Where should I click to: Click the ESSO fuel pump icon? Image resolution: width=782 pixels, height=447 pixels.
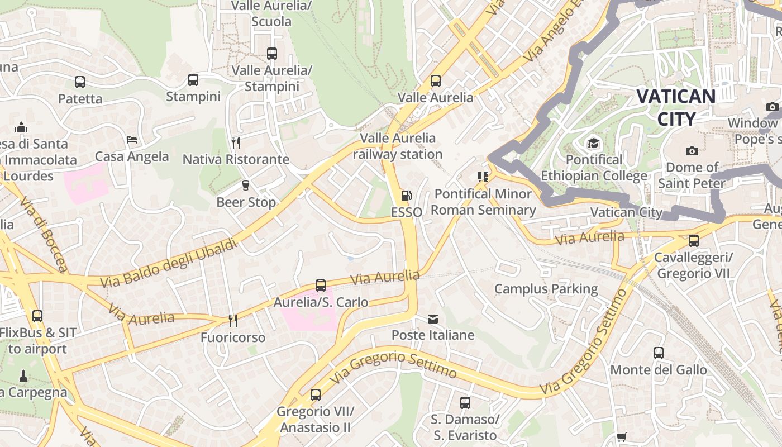pyautogui.click(x=407, y=196)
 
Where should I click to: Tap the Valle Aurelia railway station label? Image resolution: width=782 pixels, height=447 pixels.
pyautogui.click(x=398, y=146)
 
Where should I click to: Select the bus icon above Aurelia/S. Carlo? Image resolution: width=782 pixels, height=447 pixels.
pyautogui.click(x=321, y=286)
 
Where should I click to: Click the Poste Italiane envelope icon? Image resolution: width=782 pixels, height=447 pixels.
pyautogui.click(x=433, y=319)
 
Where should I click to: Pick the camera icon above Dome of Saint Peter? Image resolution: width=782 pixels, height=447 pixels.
pyautogui.click(x=692, y=151)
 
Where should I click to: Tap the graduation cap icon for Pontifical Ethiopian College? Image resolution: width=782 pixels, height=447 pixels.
pyautogui.click(x=593, y=144)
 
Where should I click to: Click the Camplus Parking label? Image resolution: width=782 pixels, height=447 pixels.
pyautogui.click(x=546, y=289)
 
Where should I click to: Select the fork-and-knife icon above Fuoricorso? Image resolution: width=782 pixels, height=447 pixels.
pyautogui.click(x=233, y=321)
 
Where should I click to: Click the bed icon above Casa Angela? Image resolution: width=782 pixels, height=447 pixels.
pyautogui.click(x=132, y=139)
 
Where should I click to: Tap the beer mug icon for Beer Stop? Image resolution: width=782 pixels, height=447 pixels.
pyautogui.click(x=245, y=186)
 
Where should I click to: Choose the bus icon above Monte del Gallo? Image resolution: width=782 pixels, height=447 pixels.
pyautogui.click(x=659, y=353)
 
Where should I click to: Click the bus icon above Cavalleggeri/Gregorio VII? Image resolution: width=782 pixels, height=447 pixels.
pyautogui.click(x=694, y=241)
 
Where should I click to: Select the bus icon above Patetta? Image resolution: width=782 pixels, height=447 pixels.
pyautogui.click(x=80, y=82)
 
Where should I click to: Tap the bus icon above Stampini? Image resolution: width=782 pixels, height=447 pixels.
pyautogui.click(x=193, y=80)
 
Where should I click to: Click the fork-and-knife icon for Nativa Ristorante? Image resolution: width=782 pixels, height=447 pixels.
pyautogui.click(x=236, y=143)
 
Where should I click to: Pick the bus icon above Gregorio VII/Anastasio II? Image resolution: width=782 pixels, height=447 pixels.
pyautogui.click(x=316, y=395)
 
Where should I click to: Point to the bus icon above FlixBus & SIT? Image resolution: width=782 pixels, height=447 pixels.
pyautogui.click(x=37, y=316)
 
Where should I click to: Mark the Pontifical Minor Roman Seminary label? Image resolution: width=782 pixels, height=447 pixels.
pyautogui.click(x=483, y=202)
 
